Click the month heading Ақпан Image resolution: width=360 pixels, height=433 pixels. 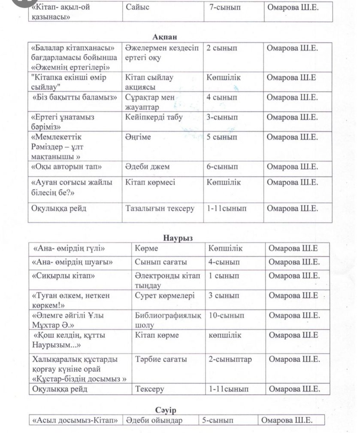click(162, 37)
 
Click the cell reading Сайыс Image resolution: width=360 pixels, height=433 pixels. click(138, 7)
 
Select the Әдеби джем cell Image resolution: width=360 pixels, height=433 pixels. click(148, 167)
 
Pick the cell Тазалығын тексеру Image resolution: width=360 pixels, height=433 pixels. click(160, 209)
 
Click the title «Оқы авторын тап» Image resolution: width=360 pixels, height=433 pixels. click(67, 167)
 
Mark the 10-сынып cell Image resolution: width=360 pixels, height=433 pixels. click(227, 315)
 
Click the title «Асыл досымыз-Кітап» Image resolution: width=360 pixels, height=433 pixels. click(75, 421)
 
